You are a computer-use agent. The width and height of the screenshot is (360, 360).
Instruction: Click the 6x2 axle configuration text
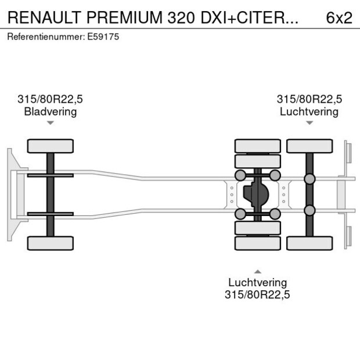(339, 17)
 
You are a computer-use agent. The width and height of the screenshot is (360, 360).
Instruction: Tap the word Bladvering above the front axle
(51, 111)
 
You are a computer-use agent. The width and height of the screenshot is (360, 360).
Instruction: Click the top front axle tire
(51, 146)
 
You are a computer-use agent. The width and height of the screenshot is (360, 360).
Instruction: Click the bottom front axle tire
(51, 243)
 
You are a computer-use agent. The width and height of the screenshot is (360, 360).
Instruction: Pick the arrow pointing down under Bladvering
(51, 123)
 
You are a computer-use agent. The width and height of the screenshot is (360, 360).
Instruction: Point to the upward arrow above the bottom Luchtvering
(257, 271)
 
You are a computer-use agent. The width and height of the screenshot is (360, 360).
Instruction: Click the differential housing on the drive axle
(257, 195)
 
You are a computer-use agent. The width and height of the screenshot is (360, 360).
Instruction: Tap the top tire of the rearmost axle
(309, 146)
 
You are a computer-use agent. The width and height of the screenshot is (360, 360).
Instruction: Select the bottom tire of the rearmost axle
(309, 243)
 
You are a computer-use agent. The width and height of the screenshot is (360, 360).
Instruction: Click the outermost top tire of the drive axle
(257, 146)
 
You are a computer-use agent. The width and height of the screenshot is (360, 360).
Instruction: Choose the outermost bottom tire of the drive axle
(257, 243)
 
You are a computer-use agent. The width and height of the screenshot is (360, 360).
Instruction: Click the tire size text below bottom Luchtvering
(257, 294)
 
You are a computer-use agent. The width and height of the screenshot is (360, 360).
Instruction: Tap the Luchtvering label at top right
(309, 111)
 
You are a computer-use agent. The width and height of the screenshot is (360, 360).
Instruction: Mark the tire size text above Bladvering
(51, 99)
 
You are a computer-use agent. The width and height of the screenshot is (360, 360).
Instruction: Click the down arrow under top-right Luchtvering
(309, 123)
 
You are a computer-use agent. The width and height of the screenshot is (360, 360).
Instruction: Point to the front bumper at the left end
(11, 194)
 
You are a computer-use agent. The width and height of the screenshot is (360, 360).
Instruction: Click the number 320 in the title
(179, 17)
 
